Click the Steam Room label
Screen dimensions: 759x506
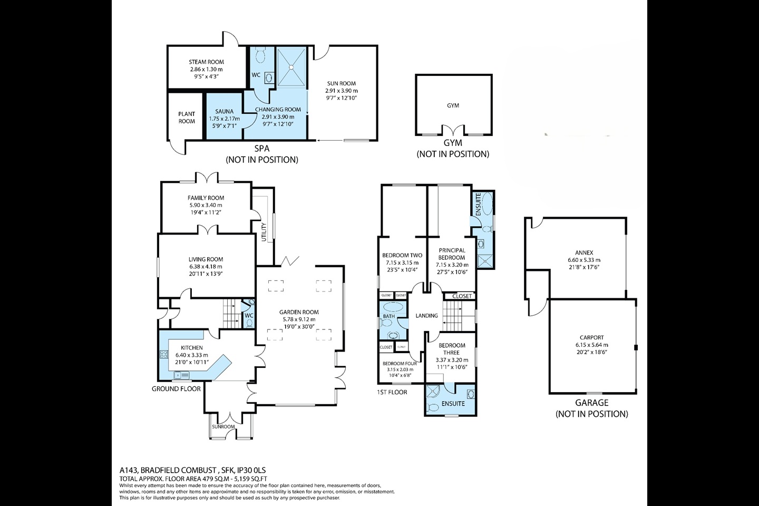tap(207, 62)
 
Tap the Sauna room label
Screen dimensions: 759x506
tap(225, 112)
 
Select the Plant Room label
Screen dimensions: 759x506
tap(187, 118)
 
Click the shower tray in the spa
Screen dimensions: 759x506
tap(291, 67)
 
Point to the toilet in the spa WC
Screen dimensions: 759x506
tap(260, 55)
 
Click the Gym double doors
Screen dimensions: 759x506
tap(453, 131)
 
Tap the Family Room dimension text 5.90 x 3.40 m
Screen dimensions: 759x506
tap(206, 205)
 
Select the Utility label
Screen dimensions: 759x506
tap(264, 232)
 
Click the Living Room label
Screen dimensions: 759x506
tap(206, 260)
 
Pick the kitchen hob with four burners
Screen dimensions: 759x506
tap(164, 355)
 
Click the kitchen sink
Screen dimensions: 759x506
tap(182, 375)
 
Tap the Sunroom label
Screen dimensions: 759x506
tap(223, 427)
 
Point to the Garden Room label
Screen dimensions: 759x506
tap(299, 312)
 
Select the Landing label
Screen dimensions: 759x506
tap(426, 316)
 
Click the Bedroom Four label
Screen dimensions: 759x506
tap(400, 364)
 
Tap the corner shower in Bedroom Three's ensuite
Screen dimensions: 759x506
tap(433, 392)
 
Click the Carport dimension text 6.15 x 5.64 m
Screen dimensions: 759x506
tap(591, 345)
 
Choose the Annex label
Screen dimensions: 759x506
tap(584, 253)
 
